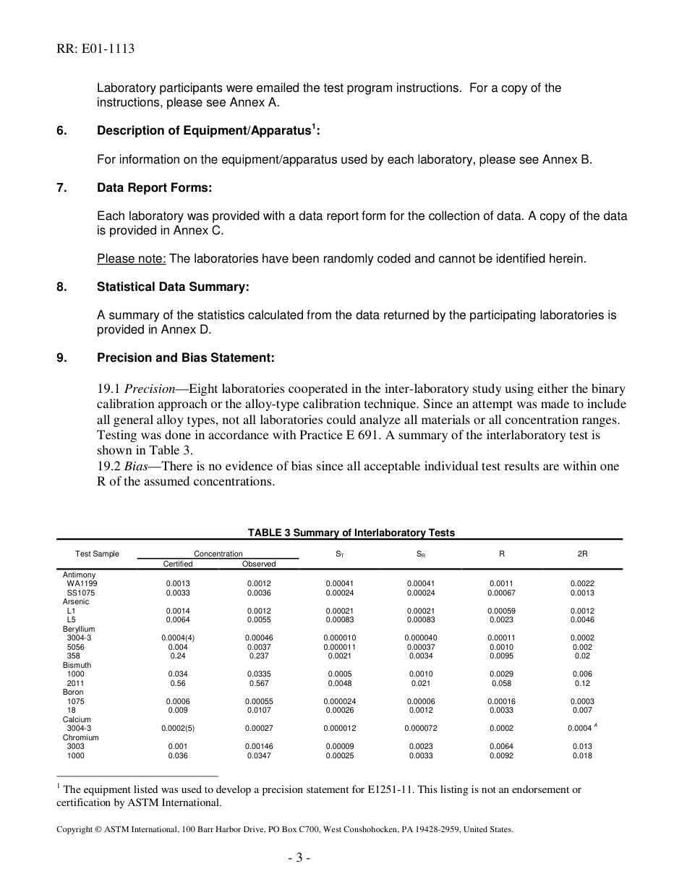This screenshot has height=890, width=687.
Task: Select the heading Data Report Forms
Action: click(x=154, y=188)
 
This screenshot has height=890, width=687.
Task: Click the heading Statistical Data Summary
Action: click(x=173, y=287)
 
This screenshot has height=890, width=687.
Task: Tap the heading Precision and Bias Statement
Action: click(x=186, y=357)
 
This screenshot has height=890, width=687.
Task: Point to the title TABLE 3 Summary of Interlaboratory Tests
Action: click(x=351, y=533)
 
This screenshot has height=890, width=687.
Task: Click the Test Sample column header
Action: click(x=97, y=554)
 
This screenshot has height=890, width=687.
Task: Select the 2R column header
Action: click(x=582, y=554)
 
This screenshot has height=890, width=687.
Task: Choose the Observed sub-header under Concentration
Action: click(x=259, y=564)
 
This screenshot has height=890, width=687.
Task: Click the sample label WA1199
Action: click(x=82, y=583)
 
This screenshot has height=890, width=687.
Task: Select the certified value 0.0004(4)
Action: click(x=178, y=637)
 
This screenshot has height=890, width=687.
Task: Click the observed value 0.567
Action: click(x=259, y=683)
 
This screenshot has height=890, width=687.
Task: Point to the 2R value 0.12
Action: click(x=582, y=683)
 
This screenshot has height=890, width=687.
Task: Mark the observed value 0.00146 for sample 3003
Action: click(x=259, y=746)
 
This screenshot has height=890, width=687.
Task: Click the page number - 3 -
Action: click(x=299, y=859)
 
